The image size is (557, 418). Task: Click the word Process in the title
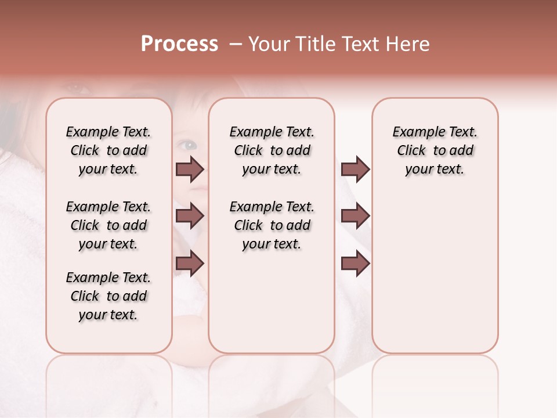pos(179,44)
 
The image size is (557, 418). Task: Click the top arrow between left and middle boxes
pos(190,170)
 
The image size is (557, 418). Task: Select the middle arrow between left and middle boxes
pos(190,217)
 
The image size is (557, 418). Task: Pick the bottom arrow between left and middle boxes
pos(190,264)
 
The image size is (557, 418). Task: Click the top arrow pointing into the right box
pos(355,170)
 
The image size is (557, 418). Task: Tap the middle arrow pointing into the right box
pos(355,217)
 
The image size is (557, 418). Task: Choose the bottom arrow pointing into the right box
pos(355,264)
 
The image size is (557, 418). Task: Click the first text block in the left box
pos(108,151)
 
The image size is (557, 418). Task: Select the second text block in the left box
pos(108,225)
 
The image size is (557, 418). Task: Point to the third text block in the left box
pos(108,296)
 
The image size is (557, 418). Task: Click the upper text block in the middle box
pos(272,151)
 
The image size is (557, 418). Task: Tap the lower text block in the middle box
pos(272,225)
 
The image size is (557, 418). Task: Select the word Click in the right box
pos(411,151)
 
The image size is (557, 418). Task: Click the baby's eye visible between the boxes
pos(187,145)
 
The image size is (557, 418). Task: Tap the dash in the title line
pos(235,44)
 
